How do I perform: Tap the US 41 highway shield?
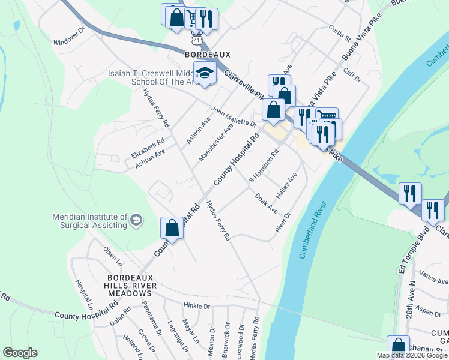pyautogui.click(x=197, y=38)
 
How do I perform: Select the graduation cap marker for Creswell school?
pyautogui.click(x=205, y=73)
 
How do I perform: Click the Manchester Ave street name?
pyautogui.click(x=216, y=143)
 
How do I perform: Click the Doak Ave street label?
pyautogui.click(x=266, y=203)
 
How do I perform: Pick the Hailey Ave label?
pyautogui.click(x=286, y=186)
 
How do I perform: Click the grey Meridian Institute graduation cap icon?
pyautogui.click(x=136, y=220)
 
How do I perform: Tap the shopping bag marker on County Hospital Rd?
pyautogui.click(x=172, y=228)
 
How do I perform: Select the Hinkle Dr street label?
pyautogui.click(x=197, y=305)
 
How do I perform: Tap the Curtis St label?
pyautogui.click(x=340, y=34)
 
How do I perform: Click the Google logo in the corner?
pyautogui.click(x=20, y=352)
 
